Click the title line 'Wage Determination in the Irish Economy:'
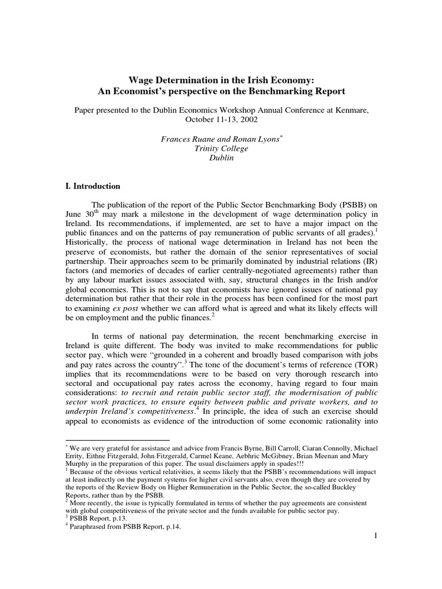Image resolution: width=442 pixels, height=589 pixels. pyautogui.click(x=221, y=80)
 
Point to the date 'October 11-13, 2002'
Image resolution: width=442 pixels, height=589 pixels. pyautogui.click(x=221, y=120)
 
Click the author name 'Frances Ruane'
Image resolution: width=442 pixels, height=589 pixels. pyautogui.click(x=185, y=139)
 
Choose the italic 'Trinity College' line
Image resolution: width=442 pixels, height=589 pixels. pyautogui.click(x=221, y=148)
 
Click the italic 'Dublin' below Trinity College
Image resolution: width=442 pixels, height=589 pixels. pyautogui.click(x=221, y=158)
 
